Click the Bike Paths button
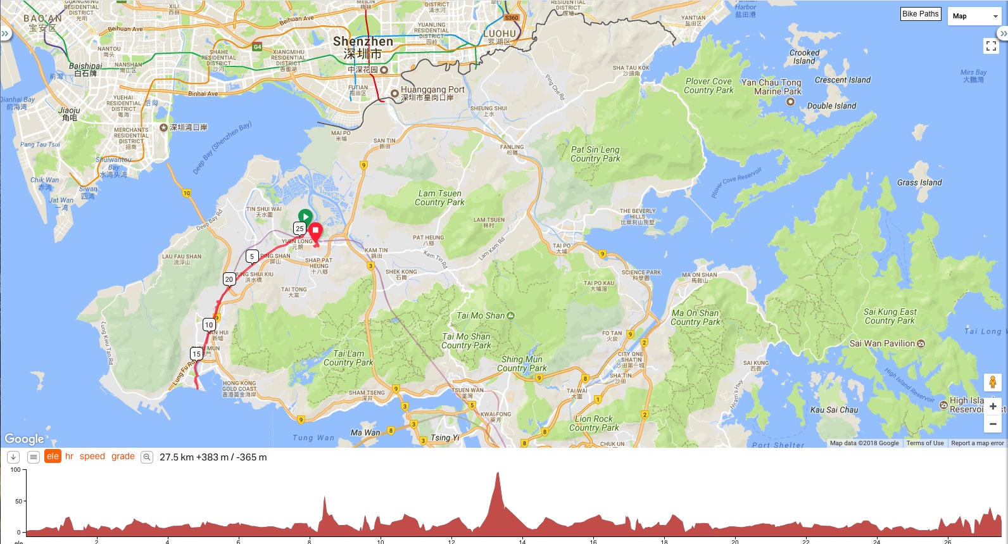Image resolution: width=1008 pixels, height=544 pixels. click(920, 14)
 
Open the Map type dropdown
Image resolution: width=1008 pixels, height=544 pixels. click(973, 16)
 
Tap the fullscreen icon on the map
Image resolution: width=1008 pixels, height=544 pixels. click(991, 46)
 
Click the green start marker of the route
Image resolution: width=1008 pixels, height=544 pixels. click(305, 217)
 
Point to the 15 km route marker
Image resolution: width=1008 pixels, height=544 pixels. click(196, 354)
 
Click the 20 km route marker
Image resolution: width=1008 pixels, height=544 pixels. click(229, 279)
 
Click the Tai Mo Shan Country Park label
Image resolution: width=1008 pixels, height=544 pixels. click(466, 341)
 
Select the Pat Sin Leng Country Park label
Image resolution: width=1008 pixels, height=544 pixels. click(595, 154)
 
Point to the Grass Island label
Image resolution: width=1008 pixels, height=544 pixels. click(919, 182)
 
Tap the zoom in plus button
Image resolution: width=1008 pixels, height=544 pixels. click(993, 407)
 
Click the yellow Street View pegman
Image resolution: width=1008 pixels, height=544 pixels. click(993, 382)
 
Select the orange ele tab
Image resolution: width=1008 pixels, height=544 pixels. click(53, 456)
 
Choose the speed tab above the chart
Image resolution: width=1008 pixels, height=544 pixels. click(92, 456)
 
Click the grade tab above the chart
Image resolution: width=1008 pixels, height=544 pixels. click(123, 456)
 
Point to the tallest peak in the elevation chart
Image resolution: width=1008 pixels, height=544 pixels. click(498, 474)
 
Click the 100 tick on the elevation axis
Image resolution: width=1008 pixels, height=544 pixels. click(15, 470)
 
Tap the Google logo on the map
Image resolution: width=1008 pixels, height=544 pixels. click(25, 439)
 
